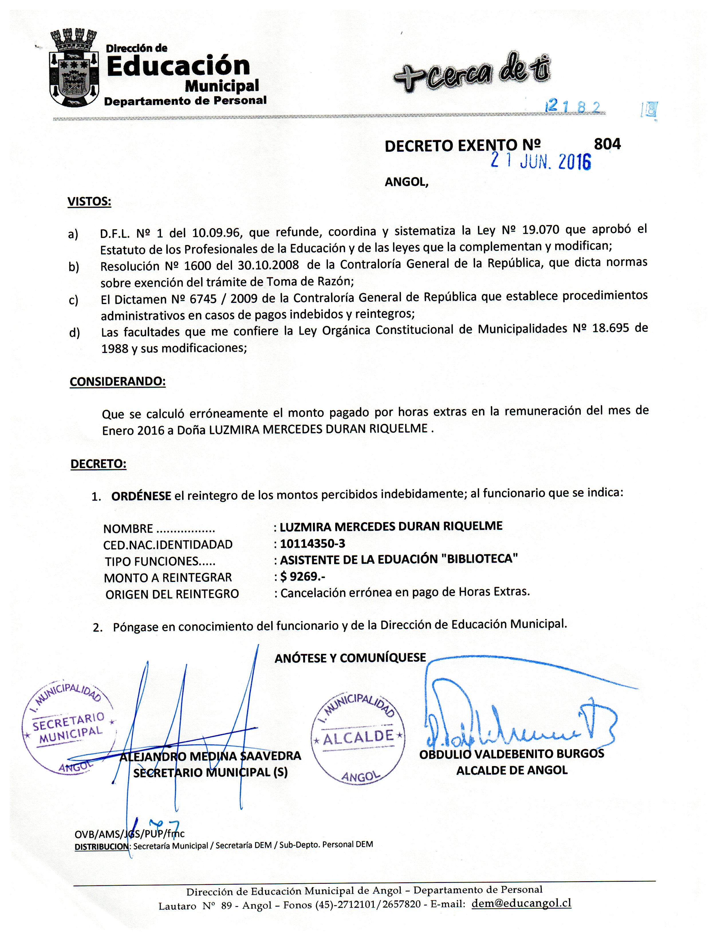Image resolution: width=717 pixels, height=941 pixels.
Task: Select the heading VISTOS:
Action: [x=89, y=202]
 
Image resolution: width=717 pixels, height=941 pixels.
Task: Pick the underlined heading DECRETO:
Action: [x=98, y=464]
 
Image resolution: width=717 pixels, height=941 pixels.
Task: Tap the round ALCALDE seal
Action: [x=358, y=737]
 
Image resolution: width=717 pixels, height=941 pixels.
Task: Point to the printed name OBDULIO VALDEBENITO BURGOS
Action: [x=511, y=754]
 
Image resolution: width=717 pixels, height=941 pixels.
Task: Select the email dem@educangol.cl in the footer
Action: [x=521, y=903]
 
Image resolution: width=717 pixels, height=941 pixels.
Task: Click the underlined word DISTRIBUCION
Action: [x=101, y=846]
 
